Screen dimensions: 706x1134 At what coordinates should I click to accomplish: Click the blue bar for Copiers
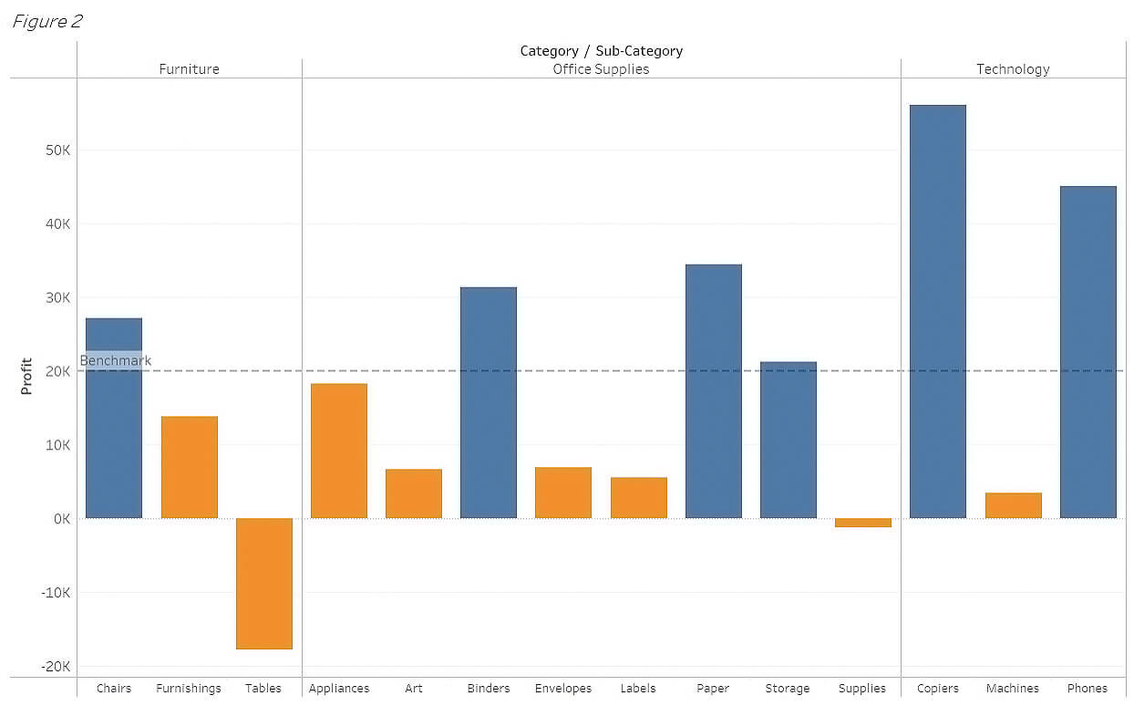tap(937, 311)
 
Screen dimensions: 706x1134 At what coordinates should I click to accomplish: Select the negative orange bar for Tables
tap(263, 583)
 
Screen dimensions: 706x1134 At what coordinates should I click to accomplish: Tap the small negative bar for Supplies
tap(862, 523)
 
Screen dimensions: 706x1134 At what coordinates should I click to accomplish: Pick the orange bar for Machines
tap(1013, 505)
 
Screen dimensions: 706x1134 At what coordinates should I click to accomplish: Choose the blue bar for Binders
tap(488, 402)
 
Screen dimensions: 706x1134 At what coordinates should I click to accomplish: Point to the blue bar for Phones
tap(1088, 352)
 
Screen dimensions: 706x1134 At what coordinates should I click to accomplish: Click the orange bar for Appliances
tap(338, 451)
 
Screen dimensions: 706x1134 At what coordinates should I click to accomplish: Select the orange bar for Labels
tap(638, 497)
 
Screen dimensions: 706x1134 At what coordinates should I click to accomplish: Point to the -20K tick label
tap(56, 667)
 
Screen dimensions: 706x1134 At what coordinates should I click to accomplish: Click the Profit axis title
tap(26, 376)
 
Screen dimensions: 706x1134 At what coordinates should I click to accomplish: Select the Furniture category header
tap(189, 69)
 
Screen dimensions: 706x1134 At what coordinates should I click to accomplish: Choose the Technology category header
tap(1013, 69)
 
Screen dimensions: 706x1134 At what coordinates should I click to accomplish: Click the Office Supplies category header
tap(601, 69)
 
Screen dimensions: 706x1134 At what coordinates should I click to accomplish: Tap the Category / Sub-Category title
tap(601, 51)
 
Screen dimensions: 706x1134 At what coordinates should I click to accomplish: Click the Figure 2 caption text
tap(47, 22)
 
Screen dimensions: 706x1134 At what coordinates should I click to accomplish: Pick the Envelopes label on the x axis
tap(562, 689)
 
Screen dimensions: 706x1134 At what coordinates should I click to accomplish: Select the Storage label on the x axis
tap(788, 689)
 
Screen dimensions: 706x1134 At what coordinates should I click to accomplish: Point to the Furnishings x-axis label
tap(189, 689)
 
